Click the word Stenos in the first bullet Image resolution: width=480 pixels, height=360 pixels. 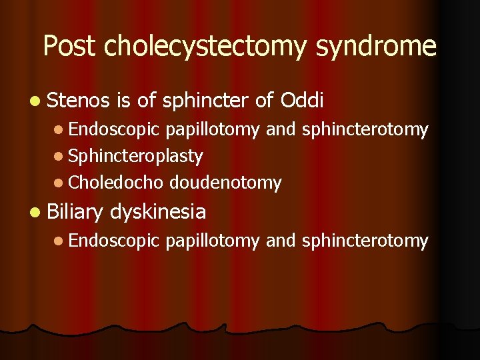[x=78, y=101]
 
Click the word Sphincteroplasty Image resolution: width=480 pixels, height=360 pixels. [x=135, y=157]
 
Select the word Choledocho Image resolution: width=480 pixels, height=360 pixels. [x=116, y=183]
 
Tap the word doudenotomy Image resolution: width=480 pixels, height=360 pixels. [x=225, y=183]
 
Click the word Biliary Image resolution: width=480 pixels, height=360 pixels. [x=75, y=213]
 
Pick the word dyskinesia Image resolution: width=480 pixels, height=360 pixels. [x=158, y=213]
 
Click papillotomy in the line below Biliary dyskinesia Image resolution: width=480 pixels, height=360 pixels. [x=213, y=241]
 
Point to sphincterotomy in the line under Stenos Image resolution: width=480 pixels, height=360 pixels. [x=365, y=130]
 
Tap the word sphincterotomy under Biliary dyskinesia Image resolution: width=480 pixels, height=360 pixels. [x=365, y=241]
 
